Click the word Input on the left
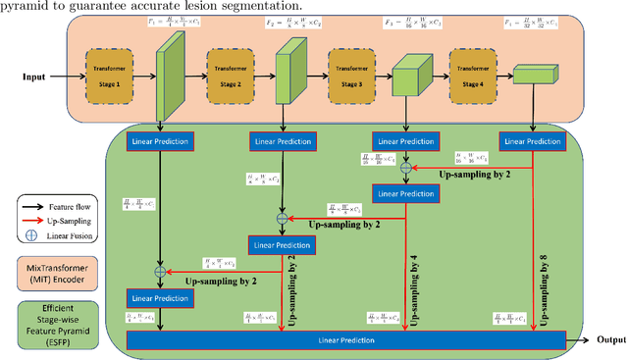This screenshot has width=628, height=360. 37,75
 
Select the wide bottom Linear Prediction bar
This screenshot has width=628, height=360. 345,339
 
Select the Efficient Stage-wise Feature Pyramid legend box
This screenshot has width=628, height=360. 62,321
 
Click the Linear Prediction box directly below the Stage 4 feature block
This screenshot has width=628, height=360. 532,141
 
